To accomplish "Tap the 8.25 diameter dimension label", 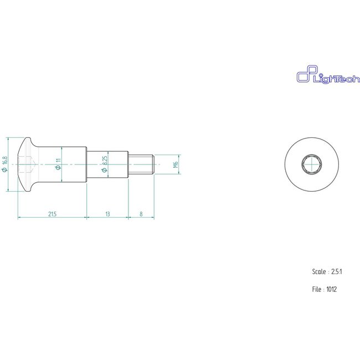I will pyautogui.click(x=105, y=164).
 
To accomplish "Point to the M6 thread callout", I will pyautogui.click(x=176, y=164).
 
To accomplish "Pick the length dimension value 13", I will pyautogui.click(x=107, y=213).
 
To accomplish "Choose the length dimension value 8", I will pyautogui.click(x=142, y=213).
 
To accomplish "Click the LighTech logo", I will pyautogui.click(x=321, y=78).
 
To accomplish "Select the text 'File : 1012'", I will pyautogui.click(x=325, y=289).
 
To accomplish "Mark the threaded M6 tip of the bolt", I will pyautogui.click(x=141, y=164).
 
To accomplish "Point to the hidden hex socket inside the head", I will pyautogui.click(x=27, y=164).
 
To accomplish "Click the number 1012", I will pyautogui.click(x=332, y=289).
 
